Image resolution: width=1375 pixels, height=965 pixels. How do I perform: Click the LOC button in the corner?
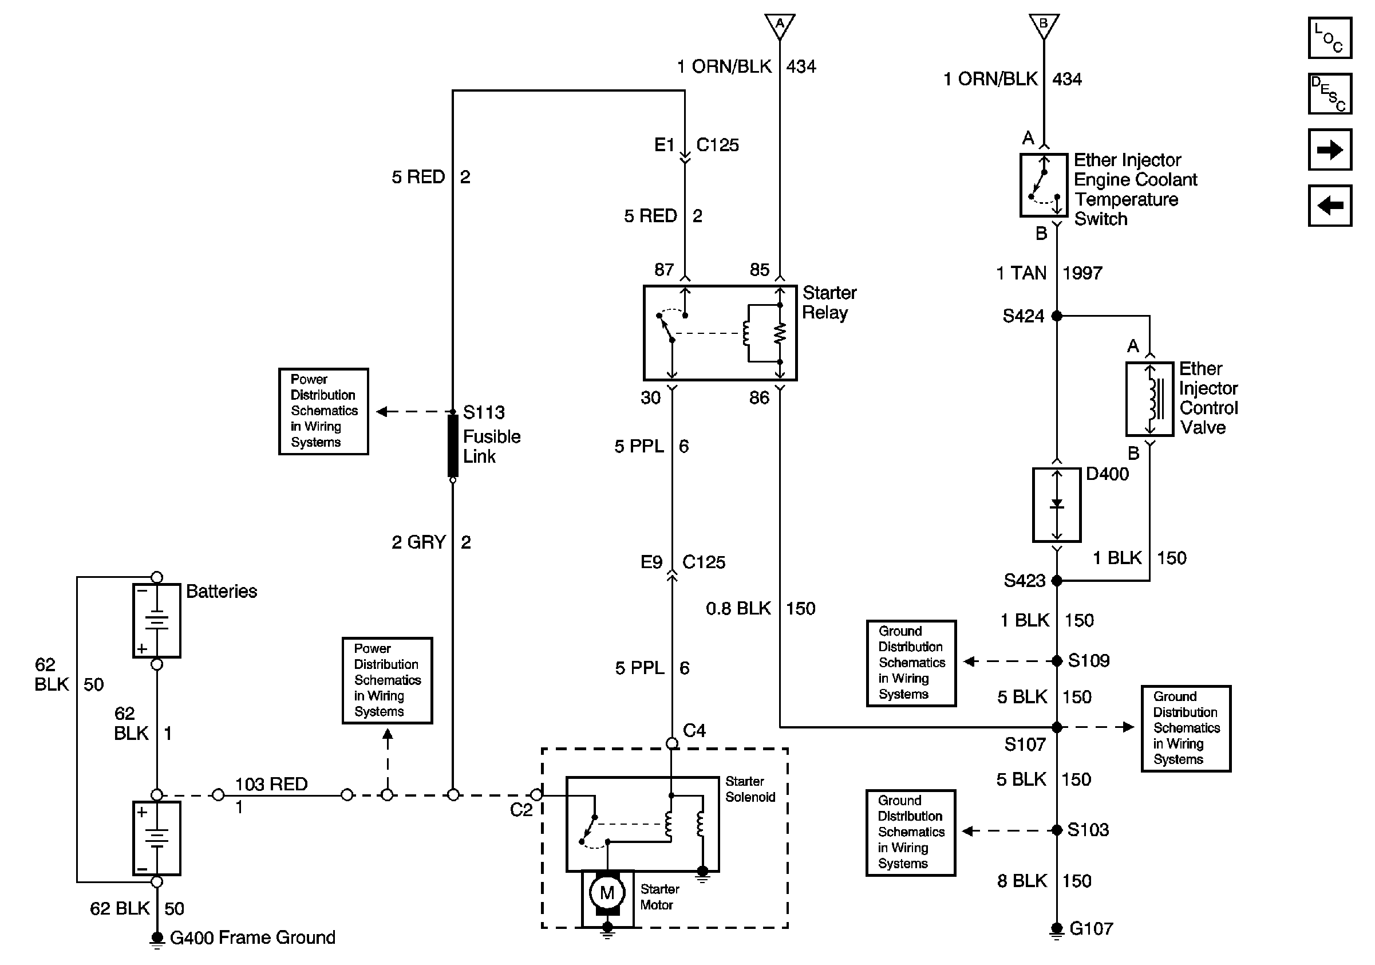[x=1329, y=38]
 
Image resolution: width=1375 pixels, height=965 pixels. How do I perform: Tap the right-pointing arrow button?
[x=1329, y=149]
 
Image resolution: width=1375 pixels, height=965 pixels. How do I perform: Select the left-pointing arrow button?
[x=1329, y=206]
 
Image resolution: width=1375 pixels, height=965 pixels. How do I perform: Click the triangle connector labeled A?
[x=779, y=26]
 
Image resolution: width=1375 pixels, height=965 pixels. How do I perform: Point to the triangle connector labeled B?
[x=1044, y=26]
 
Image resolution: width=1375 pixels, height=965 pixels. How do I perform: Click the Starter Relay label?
[x=829, y=302]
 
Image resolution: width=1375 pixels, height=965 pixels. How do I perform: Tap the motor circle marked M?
[x=607, y=892]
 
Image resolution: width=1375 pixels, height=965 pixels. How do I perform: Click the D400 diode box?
[x=1056, y=505]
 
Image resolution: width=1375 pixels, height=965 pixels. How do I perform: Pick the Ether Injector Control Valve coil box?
[x=1149, y=399]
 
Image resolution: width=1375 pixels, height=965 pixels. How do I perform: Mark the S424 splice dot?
[x=1057, y=316]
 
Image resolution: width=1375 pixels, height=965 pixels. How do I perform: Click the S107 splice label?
[x=1025, y=745]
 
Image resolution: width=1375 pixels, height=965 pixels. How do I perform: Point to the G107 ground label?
[x=1091, y=929]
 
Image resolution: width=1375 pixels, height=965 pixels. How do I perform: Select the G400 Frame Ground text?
[x=252, y=938]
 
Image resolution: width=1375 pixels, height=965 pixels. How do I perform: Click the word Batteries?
[x=222, y=591]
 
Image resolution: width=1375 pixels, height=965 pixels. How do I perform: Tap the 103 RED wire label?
[x=271, y=784]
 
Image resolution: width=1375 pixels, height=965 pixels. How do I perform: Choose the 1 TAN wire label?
[x=1021, y=273]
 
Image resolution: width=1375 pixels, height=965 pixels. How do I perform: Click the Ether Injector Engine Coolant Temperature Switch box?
[x=1044, y=185]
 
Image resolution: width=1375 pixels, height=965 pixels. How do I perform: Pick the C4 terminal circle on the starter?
[x=672, y=743]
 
